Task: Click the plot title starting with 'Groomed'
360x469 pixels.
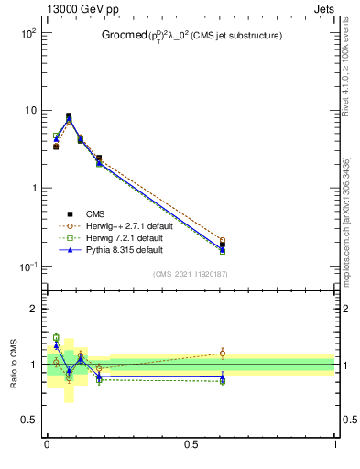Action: pos(191,35)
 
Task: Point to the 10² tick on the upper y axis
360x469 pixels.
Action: pos(26,32)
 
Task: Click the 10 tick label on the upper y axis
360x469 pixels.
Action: pos(28,110)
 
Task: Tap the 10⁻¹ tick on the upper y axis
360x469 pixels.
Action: pos(26,267)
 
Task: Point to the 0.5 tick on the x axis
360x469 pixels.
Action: pos(191,444)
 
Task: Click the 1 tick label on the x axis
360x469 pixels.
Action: pos(335,444)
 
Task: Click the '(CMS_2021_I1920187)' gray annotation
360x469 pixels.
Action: pos(190,274)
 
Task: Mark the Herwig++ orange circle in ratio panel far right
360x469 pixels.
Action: pos(223,353)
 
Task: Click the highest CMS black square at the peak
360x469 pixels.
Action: pos(69,116)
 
